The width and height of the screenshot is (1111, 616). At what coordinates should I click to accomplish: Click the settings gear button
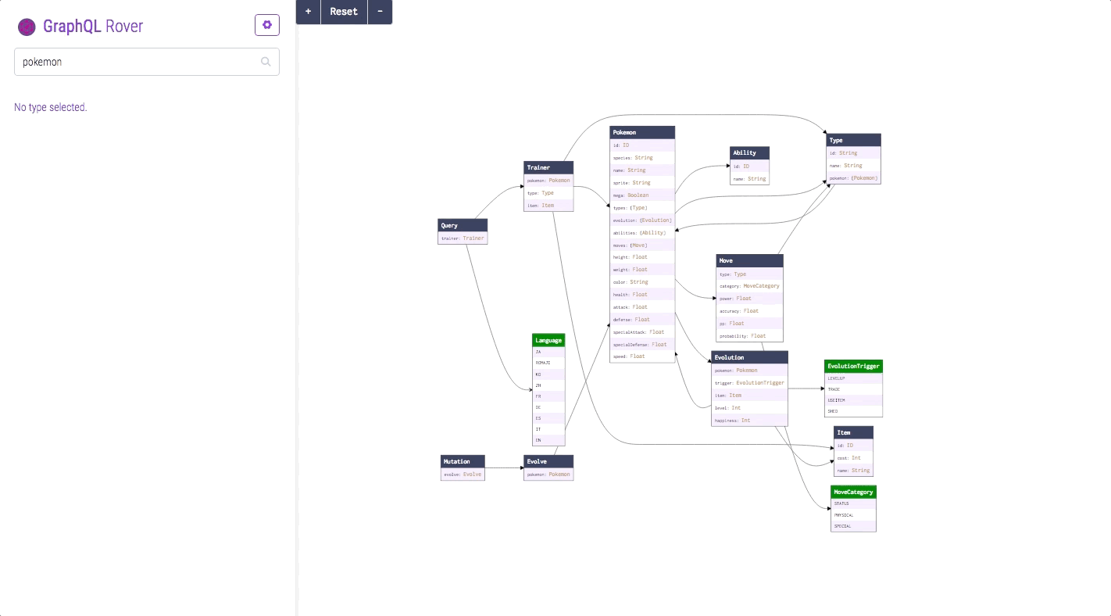(266, 25)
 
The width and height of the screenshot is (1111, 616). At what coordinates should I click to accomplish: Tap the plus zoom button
(308, 12)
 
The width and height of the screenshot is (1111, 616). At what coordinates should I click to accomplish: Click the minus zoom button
(380, 12)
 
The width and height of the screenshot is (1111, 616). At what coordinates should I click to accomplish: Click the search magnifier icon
(266, 62)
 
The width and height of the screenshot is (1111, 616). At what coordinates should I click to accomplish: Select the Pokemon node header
(642, 133)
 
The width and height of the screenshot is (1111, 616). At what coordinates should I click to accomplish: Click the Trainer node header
(548, 167)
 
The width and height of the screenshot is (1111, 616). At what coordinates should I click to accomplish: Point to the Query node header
(463, 226)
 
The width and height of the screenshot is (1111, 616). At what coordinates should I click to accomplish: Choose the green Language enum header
(548, 341)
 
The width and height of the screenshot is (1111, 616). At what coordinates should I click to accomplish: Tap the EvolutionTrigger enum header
(853, 366)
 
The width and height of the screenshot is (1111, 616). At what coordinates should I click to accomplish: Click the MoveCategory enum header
(853, 492)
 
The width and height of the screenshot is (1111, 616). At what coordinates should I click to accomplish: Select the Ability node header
(749, 153)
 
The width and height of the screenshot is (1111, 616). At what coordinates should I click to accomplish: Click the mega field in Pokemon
(642, 195)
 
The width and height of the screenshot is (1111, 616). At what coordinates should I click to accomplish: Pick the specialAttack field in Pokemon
(642, 332)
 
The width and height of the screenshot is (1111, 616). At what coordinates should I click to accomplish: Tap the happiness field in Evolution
(750, 421)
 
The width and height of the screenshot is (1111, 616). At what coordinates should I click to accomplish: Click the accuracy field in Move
(749, 311)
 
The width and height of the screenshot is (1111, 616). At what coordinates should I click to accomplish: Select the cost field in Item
(853, 458)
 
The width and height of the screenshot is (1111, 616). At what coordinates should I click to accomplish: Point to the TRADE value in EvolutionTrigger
(853, 389)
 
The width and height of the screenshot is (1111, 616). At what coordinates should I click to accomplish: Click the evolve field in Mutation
(463, 475)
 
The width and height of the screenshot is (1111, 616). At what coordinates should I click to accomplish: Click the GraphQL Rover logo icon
(27, 27)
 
